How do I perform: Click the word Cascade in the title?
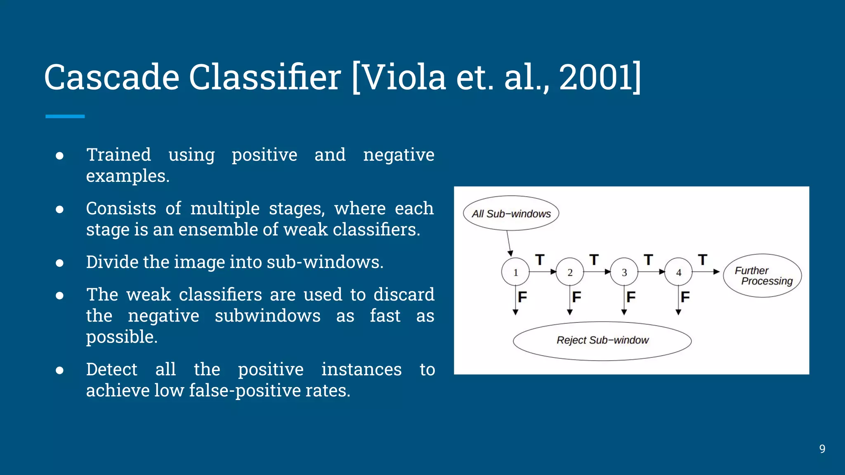click(111, 78)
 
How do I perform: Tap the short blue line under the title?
click(65, 117)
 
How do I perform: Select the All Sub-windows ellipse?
click(511, 213)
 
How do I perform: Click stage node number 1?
click(515, 272)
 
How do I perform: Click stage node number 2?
click(570, 272)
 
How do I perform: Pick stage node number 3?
click(624, 272)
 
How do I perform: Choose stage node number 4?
click(679, 272)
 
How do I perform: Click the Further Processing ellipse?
click(762, 275)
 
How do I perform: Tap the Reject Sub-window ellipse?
click(602, 341)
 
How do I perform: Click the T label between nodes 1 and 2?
click(540, 260)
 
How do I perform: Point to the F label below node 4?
click(685, 297)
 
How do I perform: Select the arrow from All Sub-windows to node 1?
click(509, 243)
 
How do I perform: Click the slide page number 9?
click(822, 449)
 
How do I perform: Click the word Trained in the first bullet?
click(118, 155)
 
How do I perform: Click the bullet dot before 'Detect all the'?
click(60, 370)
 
